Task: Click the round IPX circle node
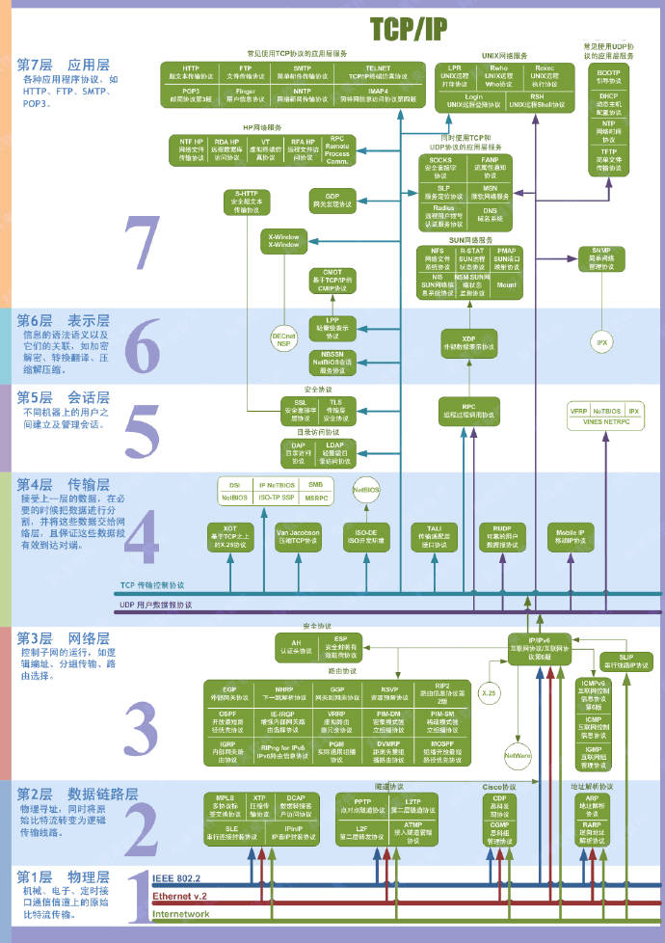[602, 341]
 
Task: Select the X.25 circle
[488, 692]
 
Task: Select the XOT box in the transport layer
[229, 535]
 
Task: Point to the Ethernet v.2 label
[180, 897]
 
